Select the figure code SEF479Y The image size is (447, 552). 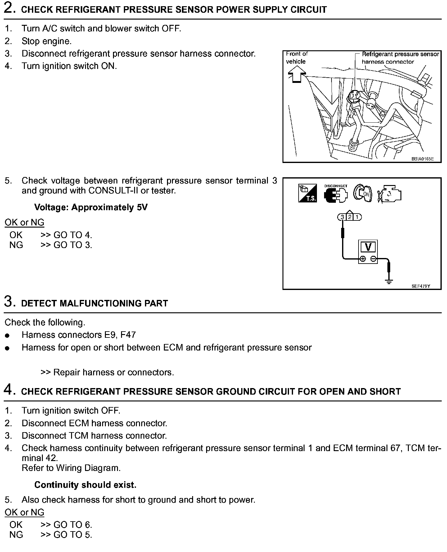pyautogui.click(x=421, y=286)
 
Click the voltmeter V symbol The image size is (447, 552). pyautogui.click(x=368, y=247)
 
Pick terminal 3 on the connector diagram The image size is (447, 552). pyautogui.click(x=342, y=217)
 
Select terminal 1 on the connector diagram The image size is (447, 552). pyautogui.click(x=357, y=217)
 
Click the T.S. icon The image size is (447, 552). pyautogui.click(x=307, y=194)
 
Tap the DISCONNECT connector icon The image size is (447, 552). pyautogui.click(x=336, y=194)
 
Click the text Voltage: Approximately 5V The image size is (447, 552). pyautogui.click(x=91, y=207)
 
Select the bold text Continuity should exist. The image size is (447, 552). pyautogui.click(x=85, y=485)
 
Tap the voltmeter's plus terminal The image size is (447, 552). pyautogui.click(x=363, y=259)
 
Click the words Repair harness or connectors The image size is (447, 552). pyautogui.click(x=113, y=372)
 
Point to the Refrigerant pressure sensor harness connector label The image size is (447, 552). pyautogui.click(x=400, y=58)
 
